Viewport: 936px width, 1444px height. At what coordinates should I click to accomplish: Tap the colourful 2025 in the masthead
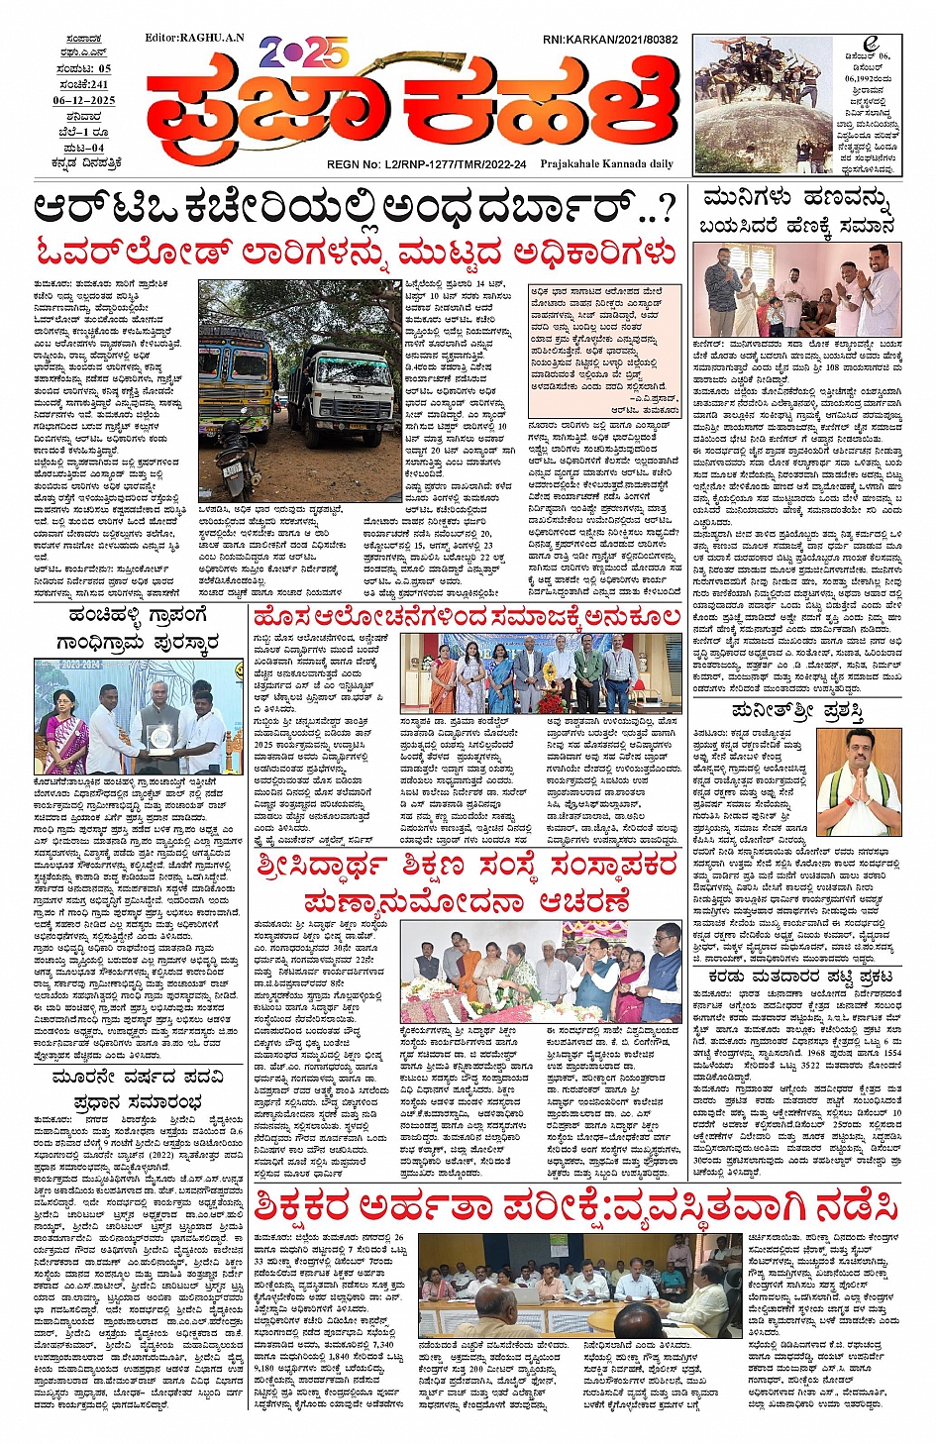[x=302, y=52]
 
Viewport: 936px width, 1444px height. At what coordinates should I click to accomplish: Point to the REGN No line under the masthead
[x=427, y=164]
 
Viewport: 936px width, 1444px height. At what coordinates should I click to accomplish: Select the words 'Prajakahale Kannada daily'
[x=606, y=164]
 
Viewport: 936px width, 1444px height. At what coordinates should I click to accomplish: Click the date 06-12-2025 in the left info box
[x=84, y=100]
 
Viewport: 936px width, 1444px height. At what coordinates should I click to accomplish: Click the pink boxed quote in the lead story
[x=603, y=349]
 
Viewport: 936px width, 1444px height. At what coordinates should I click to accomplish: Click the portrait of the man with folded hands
[x=859, y=783]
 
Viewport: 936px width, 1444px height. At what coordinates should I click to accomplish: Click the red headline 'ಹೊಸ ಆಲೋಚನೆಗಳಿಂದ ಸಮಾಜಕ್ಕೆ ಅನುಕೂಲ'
[x=466, y=618]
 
